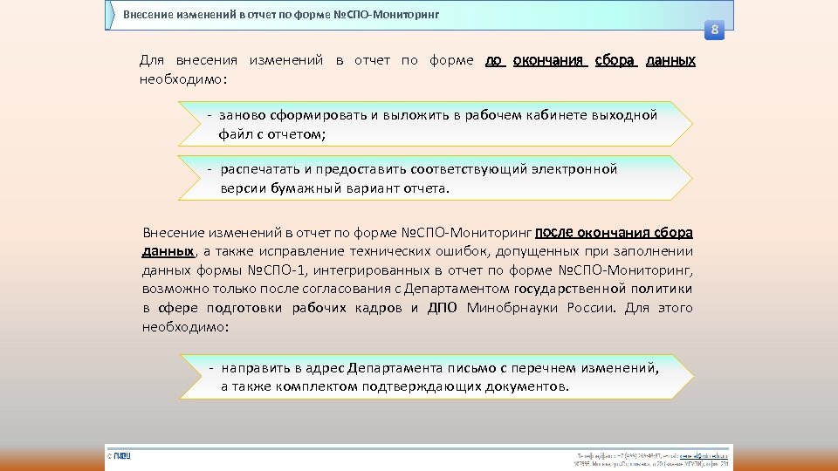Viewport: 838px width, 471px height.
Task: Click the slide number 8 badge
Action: point(714,31)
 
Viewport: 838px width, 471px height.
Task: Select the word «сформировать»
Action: point(316,115)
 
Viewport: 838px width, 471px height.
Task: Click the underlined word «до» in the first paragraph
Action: point(494,61)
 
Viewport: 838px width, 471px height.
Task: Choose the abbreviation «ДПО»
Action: point(443,308)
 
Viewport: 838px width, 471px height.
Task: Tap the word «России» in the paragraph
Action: point(592,308)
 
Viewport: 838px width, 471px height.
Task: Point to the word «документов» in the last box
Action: point(524,386)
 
